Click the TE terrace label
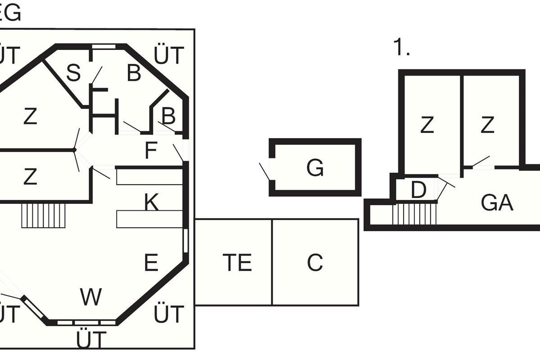coord(237,263)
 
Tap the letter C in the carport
coord(315,263)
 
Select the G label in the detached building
coord(315,168)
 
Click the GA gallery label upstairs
coord(497,203)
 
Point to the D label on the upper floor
coord(418,190)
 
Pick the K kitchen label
coord(152,203)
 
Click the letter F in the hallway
coord(151,151)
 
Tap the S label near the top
coord(73,73)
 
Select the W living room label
coord(91,297)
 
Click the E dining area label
coord(151,263)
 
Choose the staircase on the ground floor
coord(44,215)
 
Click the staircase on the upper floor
coord(414,213)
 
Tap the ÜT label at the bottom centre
coord(91,340)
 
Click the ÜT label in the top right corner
coord(169,55)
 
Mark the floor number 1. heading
coord(402,48)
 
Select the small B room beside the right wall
coord(168,117)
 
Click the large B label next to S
coord(134,73)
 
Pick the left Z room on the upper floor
coord(427,125)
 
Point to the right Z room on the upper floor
coord(487,125)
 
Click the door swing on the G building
coord(265,171)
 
